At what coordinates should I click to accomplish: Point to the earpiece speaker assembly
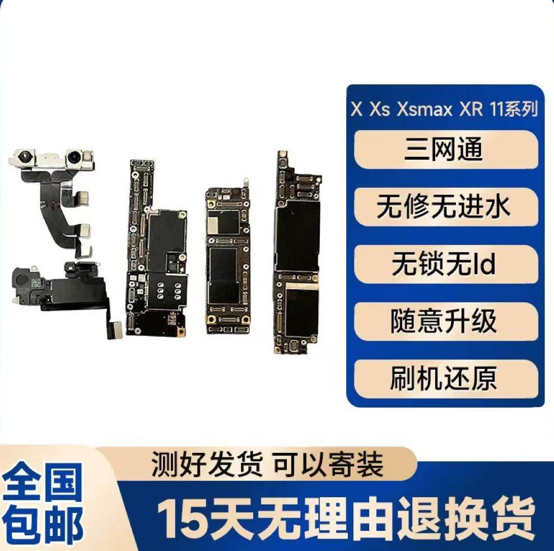point(56,286)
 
